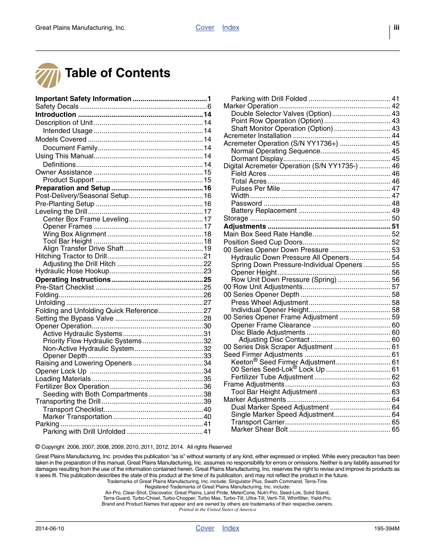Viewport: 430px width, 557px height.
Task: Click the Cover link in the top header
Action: [x=205, y=28]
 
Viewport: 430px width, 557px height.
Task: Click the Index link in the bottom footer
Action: [x=230, y=528]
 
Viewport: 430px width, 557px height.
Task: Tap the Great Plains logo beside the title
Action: [x=48, y=75]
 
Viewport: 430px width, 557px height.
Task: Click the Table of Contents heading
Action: [x=118, y=73]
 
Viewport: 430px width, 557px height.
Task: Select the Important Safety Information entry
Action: [x=83, y=99]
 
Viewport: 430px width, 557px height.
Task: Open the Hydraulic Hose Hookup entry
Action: [x=72, y=271]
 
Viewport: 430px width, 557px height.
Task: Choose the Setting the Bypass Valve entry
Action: [x=74, y=318]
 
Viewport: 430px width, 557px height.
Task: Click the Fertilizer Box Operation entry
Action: [x=72, y=387]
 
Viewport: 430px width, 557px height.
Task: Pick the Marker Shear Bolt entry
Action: [x=259, y=429]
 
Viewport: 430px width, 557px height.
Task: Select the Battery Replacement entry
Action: [x=264, y=211]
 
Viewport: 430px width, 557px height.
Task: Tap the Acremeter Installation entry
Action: [x=257, y=136]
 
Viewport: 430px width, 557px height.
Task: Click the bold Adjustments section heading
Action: [x=245, y=226]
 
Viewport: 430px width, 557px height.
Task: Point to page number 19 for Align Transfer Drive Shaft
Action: [x=207, y=249]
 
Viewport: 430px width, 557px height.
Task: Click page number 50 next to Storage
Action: [x=395, y=218]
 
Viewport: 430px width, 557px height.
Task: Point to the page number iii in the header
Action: [x=396, y=28]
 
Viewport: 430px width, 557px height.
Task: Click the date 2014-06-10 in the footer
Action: [x=50, y=529]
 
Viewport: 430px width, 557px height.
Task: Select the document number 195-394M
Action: [x=386, y=529]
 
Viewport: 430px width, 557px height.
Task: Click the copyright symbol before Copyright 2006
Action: [x=38, y=447]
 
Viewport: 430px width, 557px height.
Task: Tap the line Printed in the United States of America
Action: [x=217, y=510]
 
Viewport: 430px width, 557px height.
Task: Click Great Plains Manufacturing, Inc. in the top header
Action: [x=80, y=28]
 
